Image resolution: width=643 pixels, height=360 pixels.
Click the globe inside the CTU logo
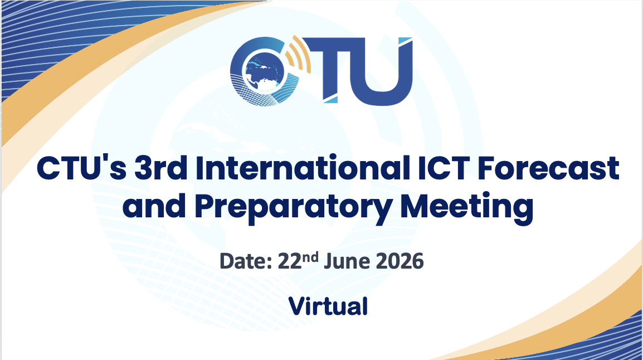pos(263,72)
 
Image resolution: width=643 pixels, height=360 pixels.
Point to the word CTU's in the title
pos(81,168)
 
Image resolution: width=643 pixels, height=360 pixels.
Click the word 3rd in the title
pos(160,168)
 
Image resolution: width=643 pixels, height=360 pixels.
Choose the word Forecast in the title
pos(548,168)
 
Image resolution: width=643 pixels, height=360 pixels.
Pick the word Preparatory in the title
pos(293,208)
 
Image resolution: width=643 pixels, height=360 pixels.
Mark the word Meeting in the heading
pos(467,208)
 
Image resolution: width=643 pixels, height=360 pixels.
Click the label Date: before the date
pos(246,261)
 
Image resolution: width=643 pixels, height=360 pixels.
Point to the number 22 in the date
pos(290,261)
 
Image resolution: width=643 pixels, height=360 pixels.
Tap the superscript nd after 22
pos(310,257)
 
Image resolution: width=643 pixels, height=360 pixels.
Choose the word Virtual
pos(328,307)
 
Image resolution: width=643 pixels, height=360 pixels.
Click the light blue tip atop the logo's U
pos(405,40)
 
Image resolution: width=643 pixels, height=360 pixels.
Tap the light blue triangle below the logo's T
pos(332,100)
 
